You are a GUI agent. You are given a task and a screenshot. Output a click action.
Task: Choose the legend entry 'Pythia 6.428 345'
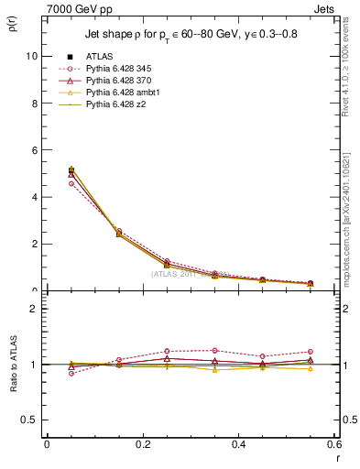116,70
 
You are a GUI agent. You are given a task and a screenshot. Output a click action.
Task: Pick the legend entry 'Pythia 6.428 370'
116,82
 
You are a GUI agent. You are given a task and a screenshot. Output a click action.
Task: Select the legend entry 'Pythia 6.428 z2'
114,105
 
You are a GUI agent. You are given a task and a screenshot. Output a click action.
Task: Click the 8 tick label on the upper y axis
33,103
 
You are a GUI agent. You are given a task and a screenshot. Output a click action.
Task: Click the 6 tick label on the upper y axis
33,149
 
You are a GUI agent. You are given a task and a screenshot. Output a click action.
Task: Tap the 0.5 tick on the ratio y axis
28,420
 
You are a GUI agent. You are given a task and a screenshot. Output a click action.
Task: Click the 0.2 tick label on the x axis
142,443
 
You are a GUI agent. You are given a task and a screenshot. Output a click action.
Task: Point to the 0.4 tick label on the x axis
238,443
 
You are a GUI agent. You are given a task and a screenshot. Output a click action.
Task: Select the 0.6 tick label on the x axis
333,443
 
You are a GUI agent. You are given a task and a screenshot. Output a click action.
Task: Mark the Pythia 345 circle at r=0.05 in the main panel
47,183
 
